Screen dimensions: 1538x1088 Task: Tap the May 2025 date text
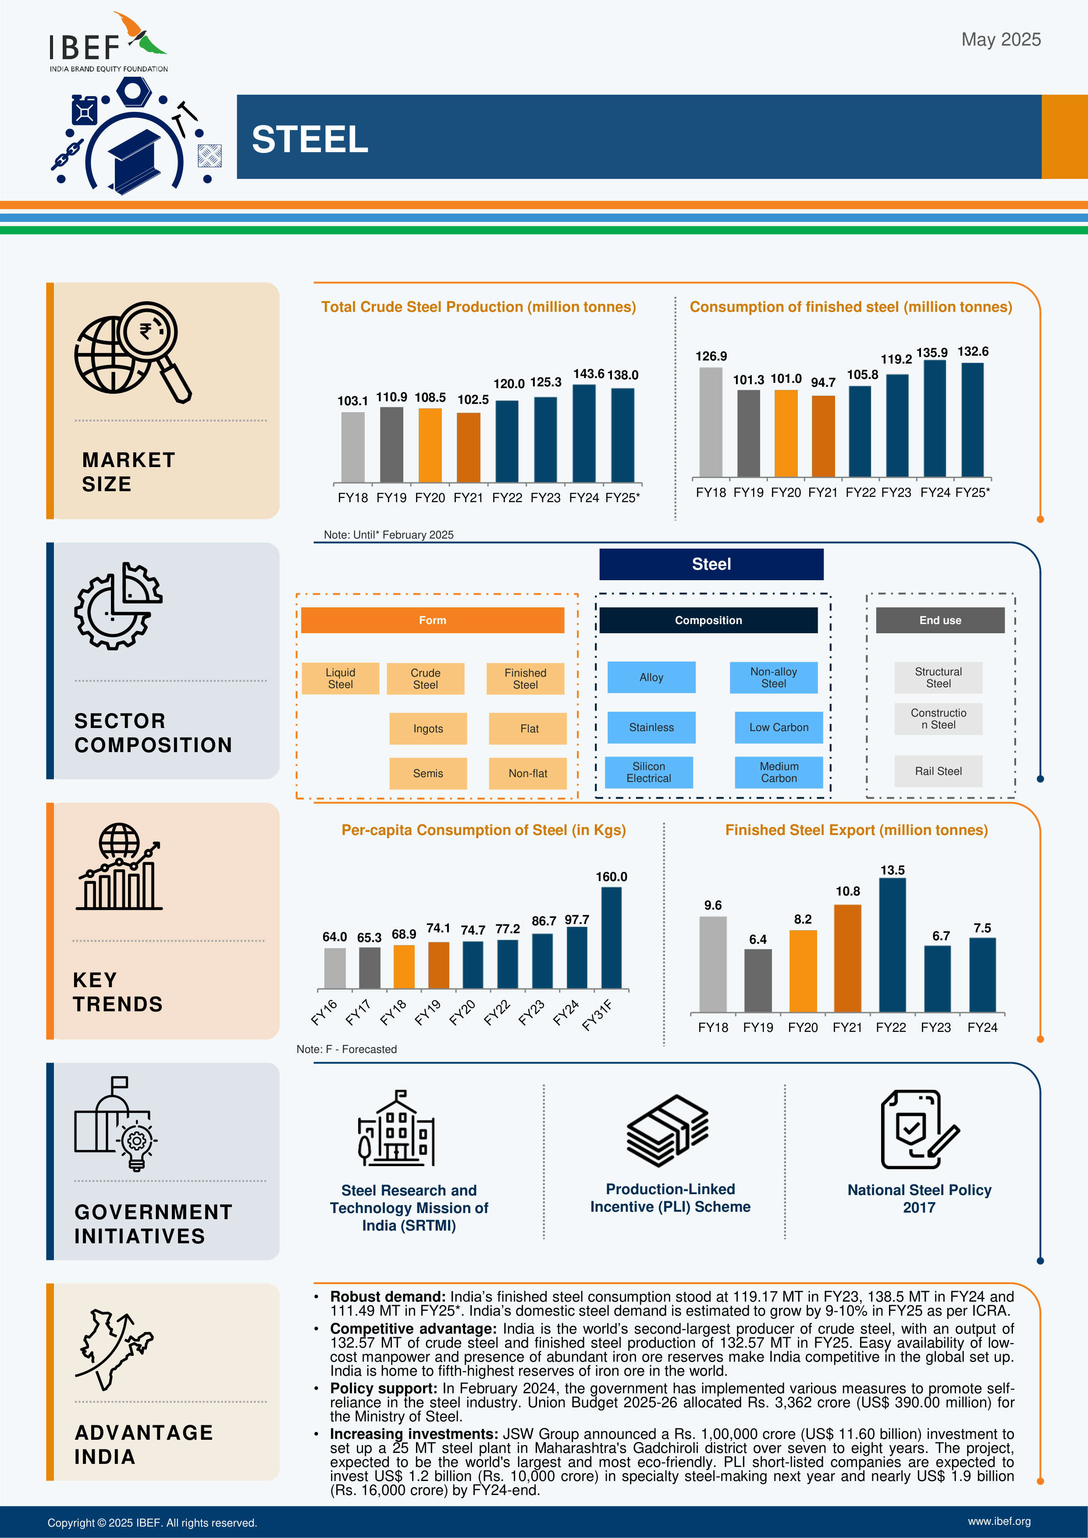pos(1000,39)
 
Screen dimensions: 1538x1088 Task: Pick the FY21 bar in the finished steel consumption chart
pos(823,436)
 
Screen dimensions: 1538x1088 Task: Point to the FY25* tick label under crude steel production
pos(622,498)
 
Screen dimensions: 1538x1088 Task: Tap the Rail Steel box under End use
pos(938,771)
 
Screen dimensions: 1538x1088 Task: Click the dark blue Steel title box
pos(711,564)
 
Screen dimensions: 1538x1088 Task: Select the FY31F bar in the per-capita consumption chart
pos(611,938)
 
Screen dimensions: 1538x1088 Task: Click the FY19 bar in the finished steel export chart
pos(758,981)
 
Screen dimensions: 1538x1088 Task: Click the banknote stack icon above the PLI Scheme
pos(667,1131)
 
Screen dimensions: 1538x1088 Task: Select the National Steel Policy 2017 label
pos(919,1199)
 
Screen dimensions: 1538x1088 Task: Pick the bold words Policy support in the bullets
pos(383,1388)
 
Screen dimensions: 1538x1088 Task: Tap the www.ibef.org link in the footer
pos(999,1522)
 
